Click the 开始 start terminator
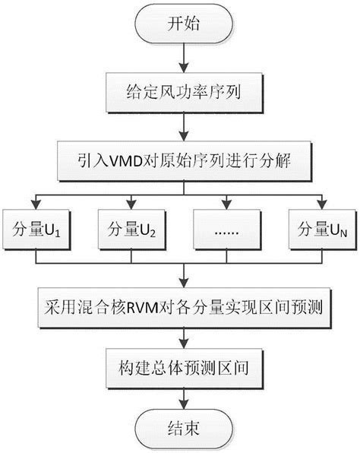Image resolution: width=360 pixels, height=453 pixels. (x=180, y=24)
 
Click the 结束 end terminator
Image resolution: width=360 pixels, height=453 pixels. (x=180, y=428)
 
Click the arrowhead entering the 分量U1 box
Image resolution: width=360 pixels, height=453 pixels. (x=36, y=203)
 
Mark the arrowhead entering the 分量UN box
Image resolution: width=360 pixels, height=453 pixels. (x=323, y=203)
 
